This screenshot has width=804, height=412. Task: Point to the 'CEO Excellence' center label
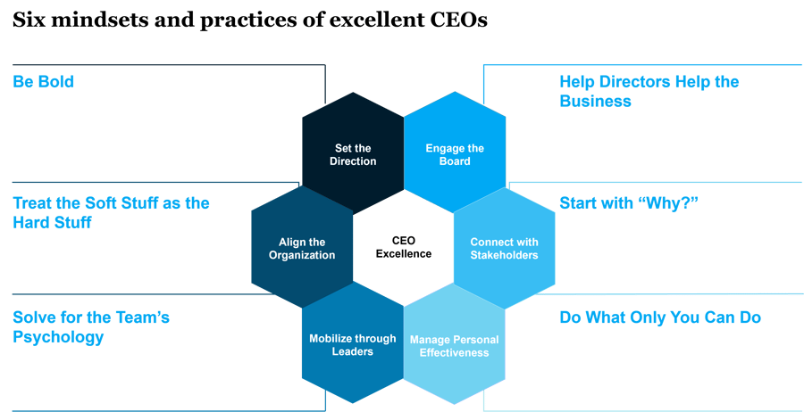(404, 247)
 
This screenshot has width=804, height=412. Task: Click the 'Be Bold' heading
(44, 82)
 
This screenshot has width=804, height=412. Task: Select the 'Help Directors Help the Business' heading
(649, 91)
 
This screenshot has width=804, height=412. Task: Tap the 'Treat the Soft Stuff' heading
(111, 212)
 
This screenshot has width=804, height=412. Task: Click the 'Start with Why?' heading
(628, 203)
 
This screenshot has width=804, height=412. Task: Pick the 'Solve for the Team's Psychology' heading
(91, 327)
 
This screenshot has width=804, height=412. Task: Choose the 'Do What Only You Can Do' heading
(660, 317)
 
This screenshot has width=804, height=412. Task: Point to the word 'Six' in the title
(27, 21)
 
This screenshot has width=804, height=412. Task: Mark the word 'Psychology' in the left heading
(58, 337)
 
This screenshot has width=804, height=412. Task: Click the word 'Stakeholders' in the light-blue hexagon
(505, 255)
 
